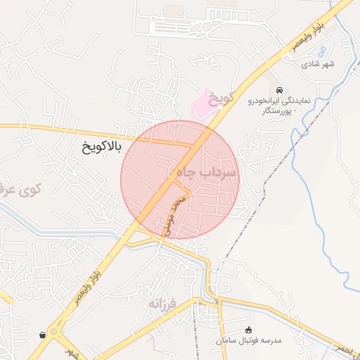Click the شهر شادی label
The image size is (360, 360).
point(318,64)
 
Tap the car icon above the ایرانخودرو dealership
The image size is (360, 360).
point(280,90)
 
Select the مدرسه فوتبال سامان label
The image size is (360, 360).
point(249,340)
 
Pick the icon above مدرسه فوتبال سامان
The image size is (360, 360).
point(247,330)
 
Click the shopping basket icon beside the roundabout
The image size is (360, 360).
point(44,335)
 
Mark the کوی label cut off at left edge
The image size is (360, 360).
point(21,190)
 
